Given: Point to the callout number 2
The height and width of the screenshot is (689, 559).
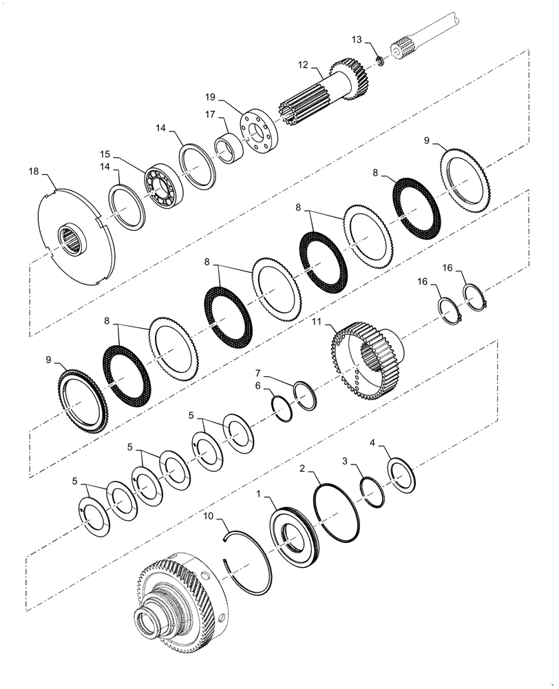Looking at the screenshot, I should point(302,469).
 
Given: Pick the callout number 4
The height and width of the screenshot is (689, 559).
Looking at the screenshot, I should point(372,442).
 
